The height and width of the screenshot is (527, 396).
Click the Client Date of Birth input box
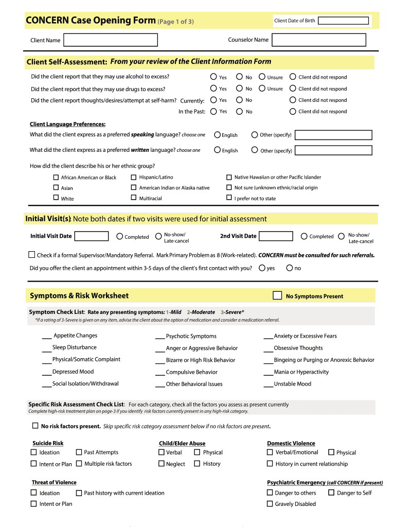(x=343, y=21)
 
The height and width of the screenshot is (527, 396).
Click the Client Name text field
(x=111, y=40)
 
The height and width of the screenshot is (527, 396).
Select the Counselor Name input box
(x=318, y=40)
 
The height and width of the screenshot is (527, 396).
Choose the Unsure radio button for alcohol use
(x=262, y=77)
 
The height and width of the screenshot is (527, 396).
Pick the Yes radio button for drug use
(x=213, y=89)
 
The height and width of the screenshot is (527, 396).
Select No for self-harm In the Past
(x=239, y=111)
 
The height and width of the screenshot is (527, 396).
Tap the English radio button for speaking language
(x=218, y=135)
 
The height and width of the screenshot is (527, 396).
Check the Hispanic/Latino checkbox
(x=134, y=177)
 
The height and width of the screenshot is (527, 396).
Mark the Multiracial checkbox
(x=134, y=198)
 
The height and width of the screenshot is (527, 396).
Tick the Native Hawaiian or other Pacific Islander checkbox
(x=229, y=177)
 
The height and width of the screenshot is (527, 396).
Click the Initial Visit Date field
(x=92, y=236)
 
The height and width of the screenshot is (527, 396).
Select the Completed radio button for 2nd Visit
(x=304, y=236)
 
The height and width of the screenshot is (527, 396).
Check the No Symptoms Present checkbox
(x=277, y=295)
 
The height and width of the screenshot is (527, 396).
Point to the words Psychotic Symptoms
(x=191, y=336)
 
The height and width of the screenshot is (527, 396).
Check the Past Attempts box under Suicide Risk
(x=79, y=452)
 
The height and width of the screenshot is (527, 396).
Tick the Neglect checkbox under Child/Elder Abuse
(x=161, y=464)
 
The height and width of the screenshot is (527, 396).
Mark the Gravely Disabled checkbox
(x=269, y=504)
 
